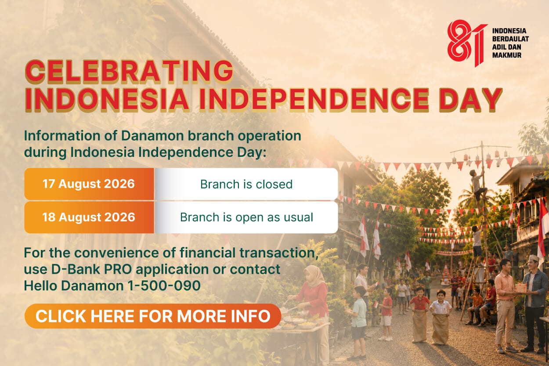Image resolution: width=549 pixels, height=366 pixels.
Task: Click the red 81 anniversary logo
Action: coord(467,43)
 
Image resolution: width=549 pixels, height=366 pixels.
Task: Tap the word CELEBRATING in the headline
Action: coord(130,71)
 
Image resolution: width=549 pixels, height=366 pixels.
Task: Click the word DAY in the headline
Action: coord(470,100)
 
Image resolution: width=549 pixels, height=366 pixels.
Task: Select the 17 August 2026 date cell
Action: coord(89,184)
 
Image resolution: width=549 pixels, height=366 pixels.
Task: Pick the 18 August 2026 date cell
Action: coord(89,217)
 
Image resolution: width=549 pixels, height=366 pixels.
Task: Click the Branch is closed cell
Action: coord(246,184)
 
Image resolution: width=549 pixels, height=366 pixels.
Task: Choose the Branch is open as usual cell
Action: coord(246,217)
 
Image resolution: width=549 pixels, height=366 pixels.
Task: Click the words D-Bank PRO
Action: coord(91,269)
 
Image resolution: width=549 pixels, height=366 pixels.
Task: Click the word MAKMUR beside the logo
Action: coord(506,55)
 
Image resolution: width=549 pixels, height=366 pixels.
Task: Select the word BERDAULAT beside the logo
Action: coord(510,39)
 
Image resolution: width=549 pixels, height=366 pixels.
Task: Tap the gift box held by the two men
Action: coord(521,288)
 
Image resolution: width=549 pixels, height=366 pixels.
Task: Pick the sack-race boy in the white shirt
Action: coord(441,317)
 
